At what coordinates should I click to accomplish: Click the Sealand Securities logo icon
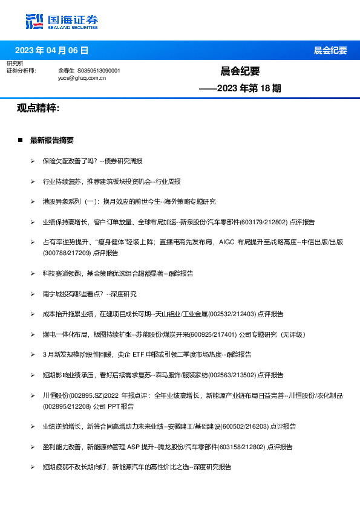pyautogui.click(x=34, y=22)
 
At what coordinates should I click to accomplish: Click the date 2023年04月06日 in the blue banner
pyautogui.click(x=51, y=50)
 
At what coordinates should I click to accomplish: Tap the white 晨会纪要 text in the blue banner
pyautogui.click(x=330, y=50)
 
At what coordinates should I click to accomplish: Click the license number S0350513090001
pyautogui.click(x=99, y=71)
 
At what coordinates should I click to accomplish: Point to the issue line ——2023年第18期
pyautogui.click(x=240, y=88)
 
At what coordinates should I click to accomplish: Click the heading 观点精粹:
pyautogui.click(x=38, y=108)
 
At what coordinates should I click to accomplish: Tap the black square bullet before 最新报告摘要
pyautogui.click(x=20, y=140)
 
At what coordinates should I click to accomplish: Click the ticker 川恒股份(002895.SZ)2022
pyautogui.click(x=82, y=395)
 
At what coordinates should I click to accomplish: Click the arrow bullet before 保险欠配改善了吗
pyautogui.click(x=33, y=161)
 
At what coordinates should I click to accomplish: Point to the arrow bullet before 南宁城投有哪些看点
pyautogui.click(x=33, y=294)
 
